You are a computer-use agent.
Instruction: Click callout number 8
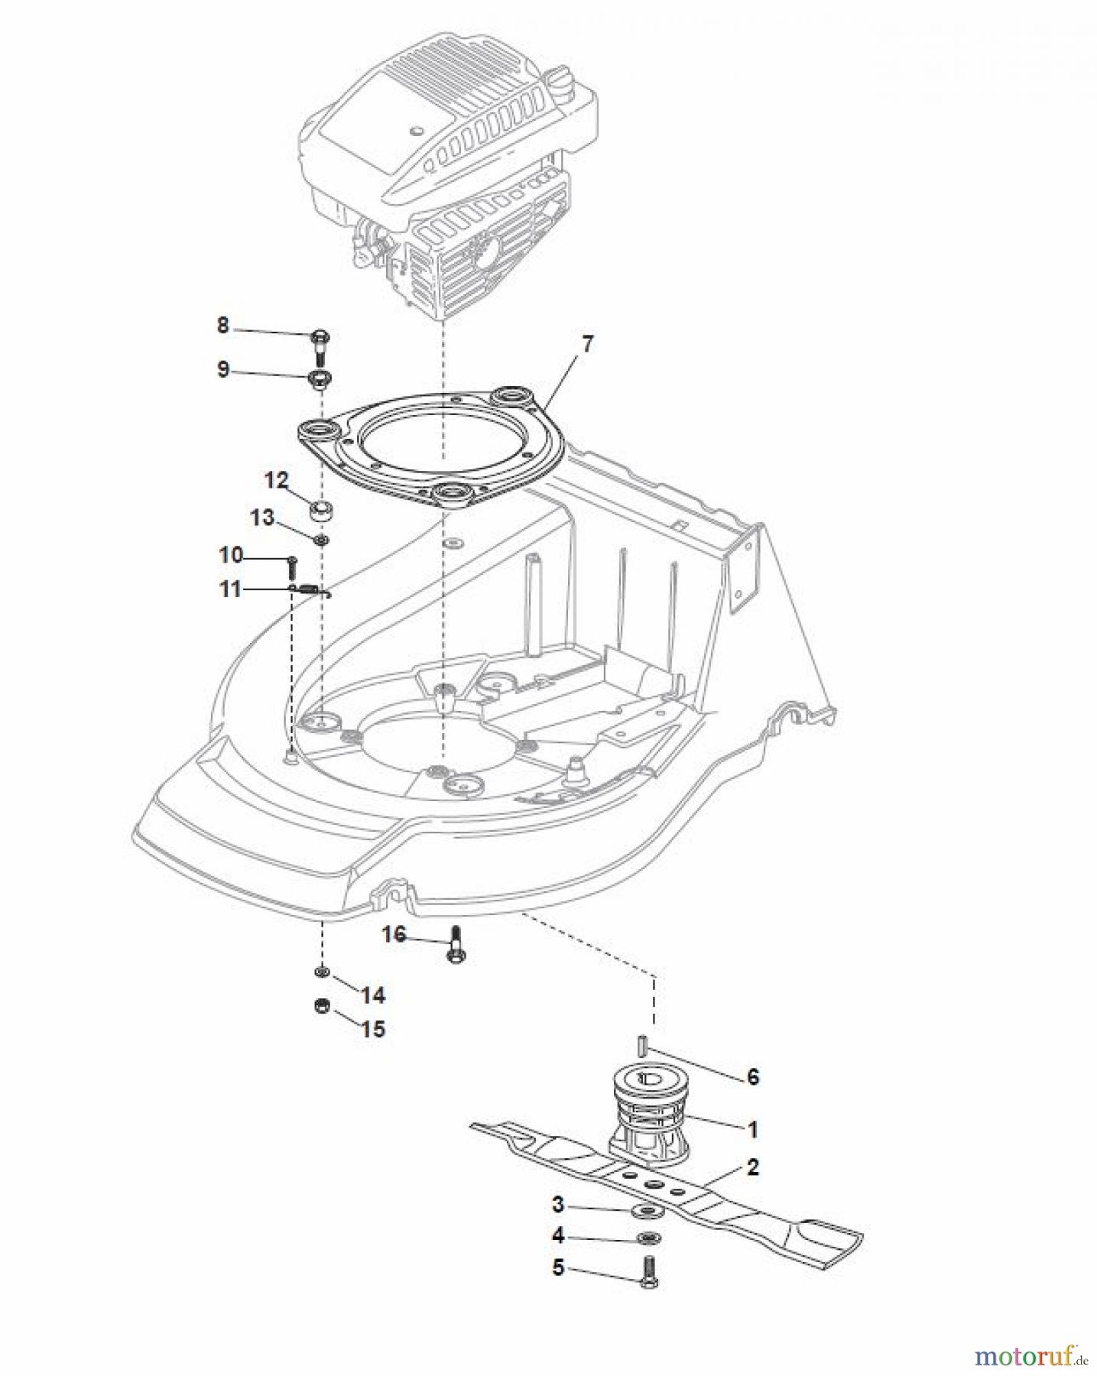coord(222,326)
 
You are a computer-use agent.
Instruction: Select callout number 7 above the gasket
coord(586,344)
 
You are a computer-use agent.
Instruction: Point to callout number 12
coord(276,480)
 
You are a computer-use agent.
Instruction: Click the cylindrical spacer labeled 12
coord(322,510)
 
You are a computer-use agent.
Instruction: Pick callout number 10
coord(230,555)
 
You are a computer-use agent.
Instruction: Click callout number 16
coord(394,934)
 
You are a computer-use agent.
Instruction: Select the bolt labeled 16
coord(456,945)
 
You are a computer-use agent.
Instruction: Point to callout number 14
coord(373,995)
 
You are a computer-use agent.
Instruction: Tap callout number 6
coord(753,1077)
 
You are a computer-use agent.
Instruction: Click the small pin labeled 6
coord(644,1043)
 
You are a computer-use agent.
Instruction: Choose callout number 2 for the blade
coord(753,1167)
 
